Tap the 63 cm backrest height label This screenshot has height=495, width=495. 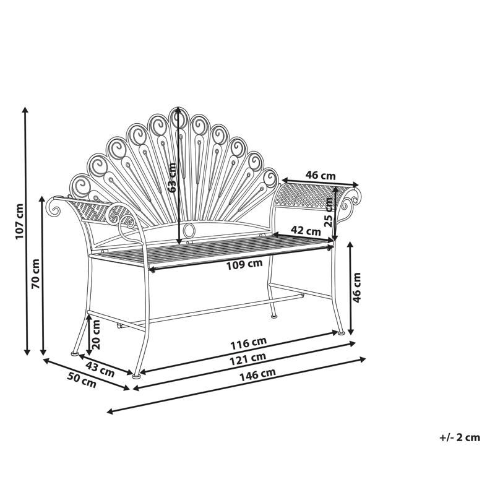[173, 177]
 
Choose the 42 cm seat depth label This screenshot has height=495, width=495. [305, 231]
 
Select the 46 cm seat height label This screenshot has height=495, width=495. [356, 287]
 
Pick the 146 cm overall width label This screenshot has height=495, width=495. [260, 373]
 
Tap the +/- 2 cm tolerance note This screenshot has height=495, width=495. [460, 437]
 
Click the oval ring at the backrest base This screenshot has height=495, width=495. [188, 232]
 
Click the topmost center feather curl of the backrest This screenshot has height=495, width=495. [176, 118]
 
